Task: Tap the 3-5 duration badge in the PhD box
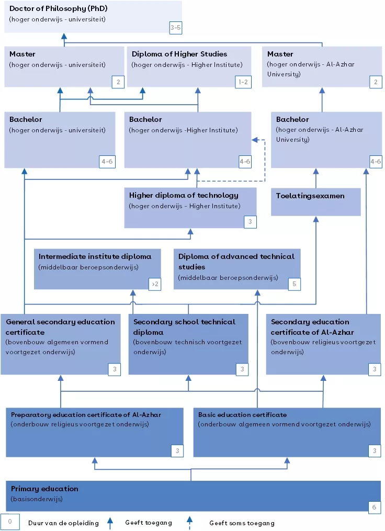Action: pos(176,27)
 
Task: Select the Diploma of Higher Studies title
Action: pos(179,54)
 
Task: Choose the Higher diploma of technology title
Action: pos(184,195)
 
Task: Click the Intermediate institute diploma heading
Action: pos(95,256)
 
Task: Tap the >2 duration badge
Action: pos(155,284)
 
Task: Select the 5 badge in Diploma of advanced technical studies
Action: pos(295,284)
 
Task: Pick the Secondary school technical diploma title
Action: pos(184,326)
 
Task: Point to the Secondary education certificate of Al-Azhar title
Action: pos(312,326)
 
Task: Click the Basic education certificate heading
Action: pos(242,415)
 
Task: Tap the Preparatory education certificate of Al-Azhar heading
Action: pos(86,415)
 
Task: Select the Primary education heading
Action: pos(44,489)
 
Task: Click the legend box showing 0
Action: pos(9,522)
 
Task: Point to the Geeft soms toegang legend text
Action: pos(242,523)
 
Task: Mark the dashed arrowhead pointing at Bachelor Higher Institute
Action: pos(255,140)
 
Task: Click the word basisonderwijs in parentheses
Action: pos(37,499)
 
